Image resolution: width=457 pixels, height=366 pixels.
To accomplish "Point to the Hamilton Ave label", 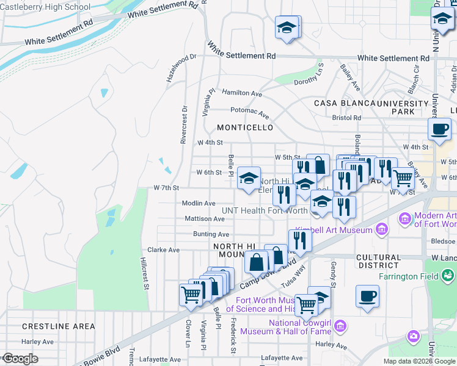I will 242,93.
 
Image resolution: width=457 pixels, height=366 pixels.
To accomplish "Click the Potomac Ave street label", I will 249,112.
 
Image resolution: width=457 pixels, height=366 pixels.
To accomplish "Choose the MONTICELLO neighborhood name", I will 246,127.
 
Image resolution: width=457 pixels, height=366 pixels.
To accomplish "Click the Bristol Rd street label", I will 346,118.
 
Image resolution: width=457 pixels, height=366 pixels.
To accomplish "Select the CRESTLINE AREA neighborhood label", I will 59,326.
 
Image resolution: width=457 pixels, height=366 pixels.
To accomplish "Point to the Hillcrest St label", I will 144,273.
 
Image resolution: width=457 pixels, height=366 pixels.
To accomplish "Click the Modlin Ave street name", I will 199,203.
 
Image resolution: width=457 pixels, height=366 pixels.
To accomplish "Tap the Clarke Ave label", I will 163,249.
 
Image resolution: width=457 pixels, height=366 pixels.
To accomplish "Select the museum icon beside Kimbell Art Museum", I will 382,229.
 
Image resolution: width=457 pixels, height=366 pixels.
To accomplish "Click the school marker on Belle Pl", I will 249,179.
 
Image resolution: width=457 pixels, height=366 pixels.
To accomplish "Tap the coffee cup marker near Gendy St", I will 367,296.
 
